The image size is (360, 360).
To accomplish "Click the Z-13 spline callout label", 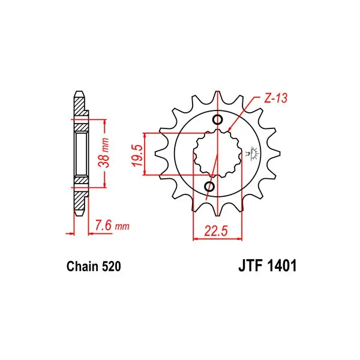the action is pyautogui.click(x=275, y=98).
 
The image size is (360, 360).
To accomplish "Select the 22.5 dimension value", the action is pyautogui.click(x=216, y=231).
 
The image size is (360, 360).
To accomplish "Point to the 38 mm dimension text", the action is pyautogui.click(x=103, y=152).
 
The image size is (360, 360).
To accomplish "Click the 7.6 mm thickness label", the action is pyautogui.click(x=112, y=226).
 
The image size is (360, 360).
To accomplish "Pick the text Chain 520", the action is pyautogui.click(x=94, y=266).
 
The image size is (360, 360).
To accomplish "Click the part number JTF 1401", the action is pyautogui.click(x=268, y=266).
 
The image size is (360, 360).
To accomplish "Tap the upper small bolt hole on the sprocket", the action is pyautogui.click(x=217, y=119).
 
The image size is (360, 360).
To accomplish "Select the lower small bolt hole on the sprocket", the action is pyautogui.click(x=209, y=187).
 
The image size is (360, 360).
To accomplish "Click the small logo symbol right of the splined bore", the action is pyautogui.click(x=253, y=153).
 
